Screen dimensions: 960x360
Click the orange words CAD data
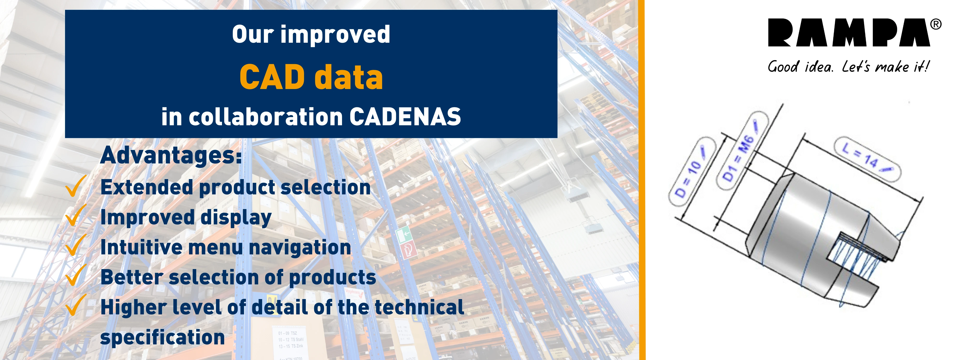point(311,77)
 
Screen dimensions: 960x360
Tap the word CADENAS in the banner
point(405,117)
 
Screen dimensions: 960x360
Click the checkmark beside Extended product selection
point(76,186)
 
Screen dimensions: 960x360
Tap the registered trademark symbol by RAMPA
point(936,24)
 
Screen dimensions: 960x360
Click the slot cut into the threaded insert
point(857,257)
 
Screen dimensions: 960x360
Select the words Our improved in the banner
point(311,35)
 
